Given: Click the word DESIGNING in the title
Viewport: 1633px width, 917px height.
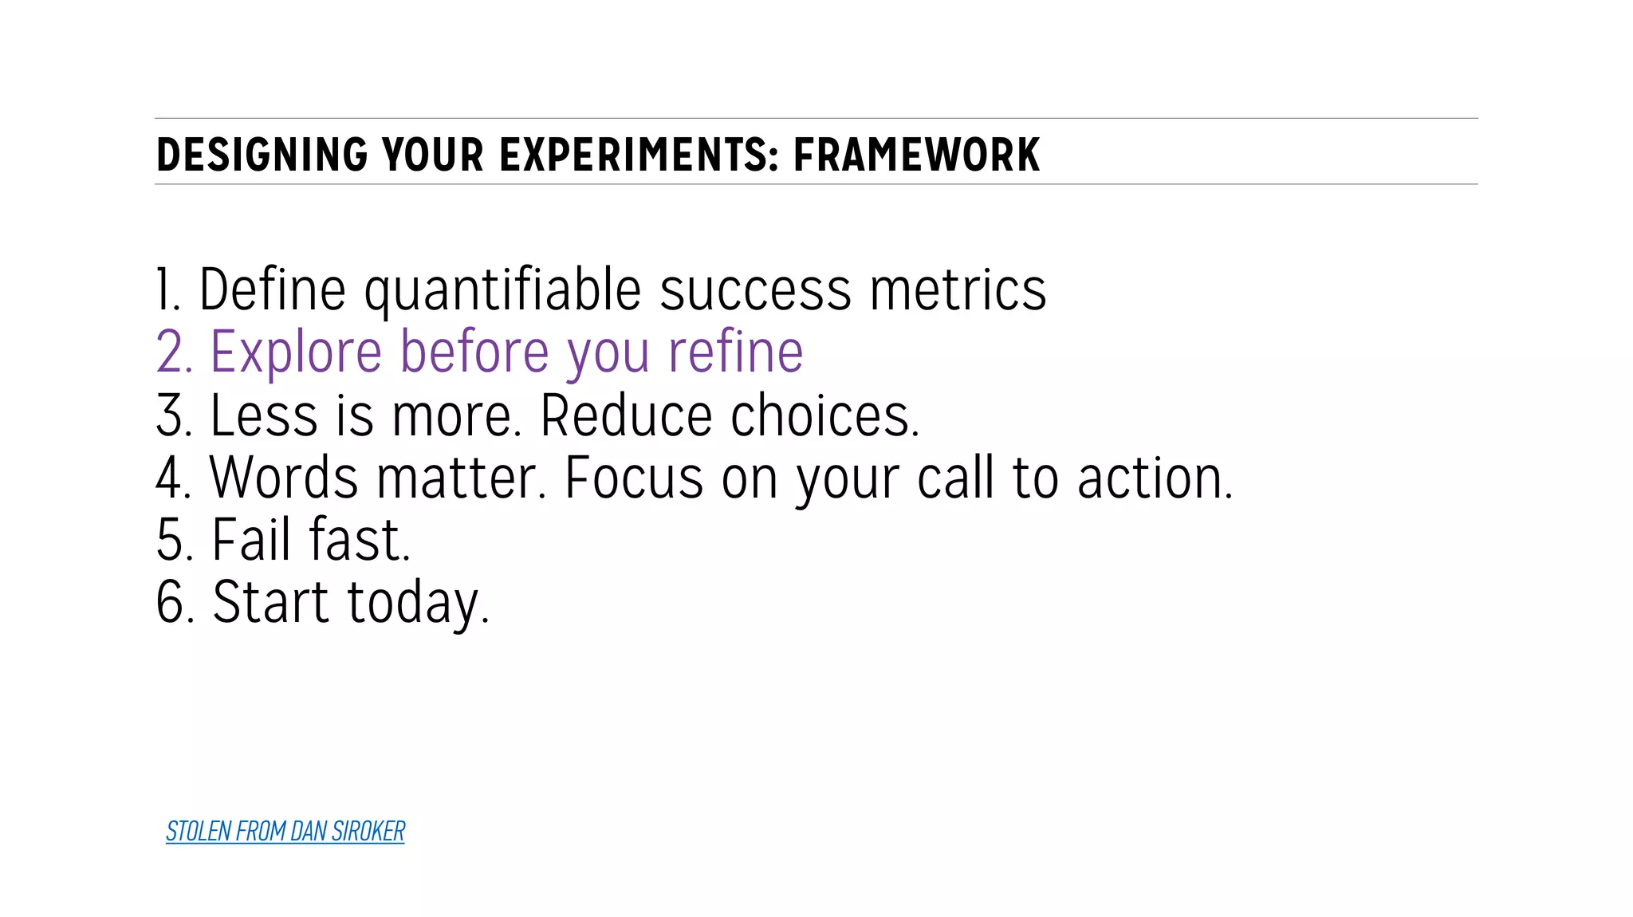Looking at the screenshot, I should click(262, 155).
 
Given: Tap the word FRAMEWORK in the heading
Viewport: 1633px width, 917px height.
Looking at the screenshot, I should click(916, 155).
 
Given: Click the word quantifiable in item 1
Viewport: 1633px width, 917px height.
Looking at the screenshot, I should click(502, 290).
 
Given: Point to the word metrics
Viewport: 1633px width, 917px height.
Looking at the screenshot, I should click(958, 290).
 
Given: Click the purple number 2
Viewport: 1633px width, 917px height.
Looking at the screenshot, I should click(174, 352).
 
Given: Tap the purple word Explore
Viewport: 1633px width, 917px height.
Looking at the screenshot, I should click(296, 352).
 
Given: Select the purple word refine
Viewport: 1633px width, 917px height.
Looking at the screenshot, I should click(735, 352).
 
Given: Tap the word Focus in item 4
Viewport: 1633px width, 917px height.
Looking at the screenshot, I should click(634, 478).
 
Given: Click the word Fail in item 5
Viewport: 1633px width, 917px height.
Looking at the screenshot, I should click(251, 541).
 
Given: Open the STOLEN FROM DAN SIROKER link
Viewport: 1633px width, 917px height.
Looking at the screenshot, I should click(285, 832).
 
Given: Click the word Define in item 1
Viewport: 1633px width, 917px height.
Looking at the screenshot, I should click(272, 290).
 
